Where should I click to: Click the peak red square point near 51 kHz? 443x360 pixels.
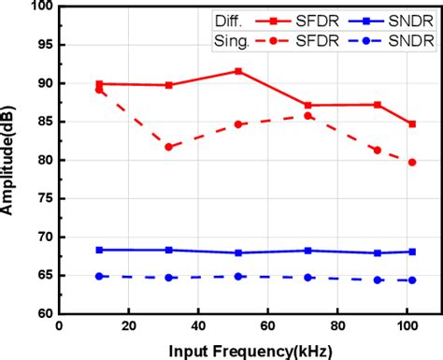coord(238,71)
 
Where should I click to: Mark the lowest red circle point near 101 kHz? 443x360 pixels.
coord(412,162)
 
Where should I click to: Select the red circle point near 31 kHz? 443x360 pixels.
coord(169,147)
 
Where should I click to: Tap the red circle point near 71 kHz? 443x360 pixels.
coord(308,115)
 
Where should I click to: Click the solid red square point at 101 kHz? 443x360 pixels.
coord(412,123)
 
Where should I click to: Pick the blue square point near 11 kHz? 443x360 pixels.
coord(99,250)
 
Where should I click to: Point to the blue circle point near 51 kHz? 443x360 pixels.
coord(238,276)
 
